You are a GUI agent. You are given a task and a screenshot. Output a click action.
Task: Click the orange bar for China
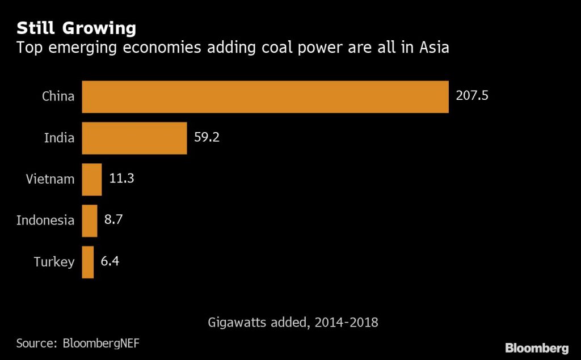(265, 96)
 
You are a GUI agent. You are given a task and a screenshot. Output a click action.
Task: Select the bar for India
(134, 138)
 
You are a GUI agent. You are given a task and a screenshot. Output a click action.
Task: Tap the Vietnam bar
(92, 179)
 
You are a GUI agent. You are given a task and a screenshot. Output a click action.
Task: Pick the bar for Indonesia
(90, 221)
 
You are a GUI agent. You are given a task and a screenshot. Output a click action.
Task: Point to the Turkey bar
(88, 262)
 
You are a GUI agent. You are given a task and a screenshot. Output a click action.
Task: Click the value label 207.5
(472, 95)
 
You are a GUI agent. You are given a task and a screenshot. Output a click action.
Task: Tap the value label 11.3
(121, 179)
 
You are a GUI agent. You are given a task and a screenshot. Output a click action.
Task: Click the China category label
(58, 96)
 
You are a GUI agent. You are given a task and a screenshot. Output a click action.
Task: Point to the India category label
(59, 137)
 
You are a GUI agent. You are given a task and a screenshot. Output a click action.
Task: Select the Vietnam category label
(50, 179)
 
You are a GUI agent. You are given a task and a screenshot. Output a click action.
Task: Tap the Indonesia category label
(45, 220)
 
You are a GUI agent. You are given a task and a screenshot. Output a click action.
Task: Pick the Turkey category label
(54, 262)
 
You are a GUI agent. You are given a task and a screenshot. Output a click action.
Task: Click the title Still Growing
(76, 28)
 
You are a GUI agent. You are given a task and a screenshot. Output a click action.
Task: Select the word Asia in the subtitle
(434, 48)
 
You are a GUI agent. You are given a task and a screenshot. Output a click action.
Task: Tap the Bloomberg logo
(537, 347)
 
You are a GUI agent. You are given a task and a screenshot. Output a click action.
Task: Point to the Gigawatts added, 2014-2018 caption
(293, 323)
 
